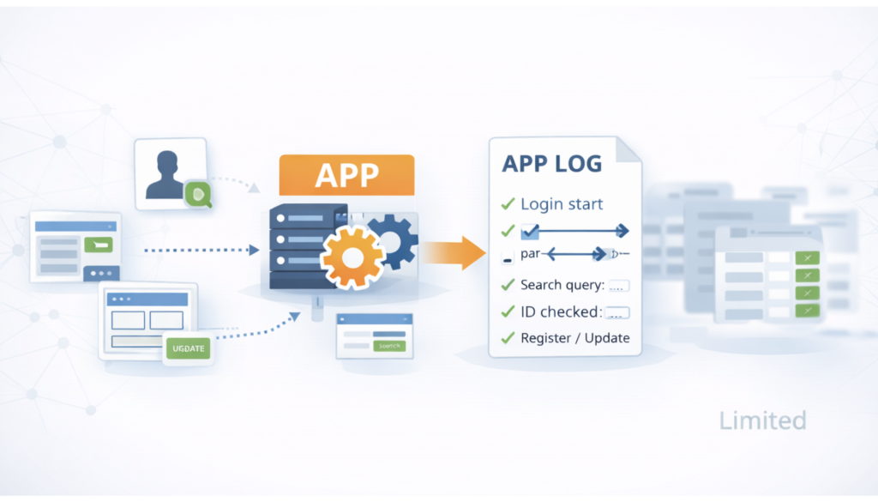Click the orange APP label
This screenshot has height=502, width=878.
pyautogui.click(x=346, y=174)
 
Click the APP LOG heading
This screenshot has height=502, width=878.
pyautogui.click(x=552, y=163)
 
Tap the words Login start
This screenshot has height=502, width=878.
pyautogui.click(x=562, y=204)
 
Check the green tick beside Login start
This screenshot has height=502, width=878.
pyautogui.click(x=507, y=205)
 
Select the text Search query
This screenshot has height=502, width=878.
pyautogui.click(x=562, y=285)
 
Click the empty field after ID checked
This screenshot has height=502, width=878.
pyautogui.click(x=617, y=312)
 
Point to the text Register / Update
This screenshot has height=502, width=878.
pyautogui.click(x=574, y=338)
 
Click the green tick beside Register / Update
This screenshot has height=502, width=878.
pyautogui.click(x=507, y=338)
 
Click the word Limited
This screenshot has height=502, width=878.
pyautogui.click(x=762, y=420)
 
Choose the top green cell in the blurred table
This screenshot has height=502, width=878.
pyautogui.click(x=807, y=257)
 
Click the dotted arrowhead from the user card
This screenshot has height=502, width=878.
pyautogui.click(x=254, y=186)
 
